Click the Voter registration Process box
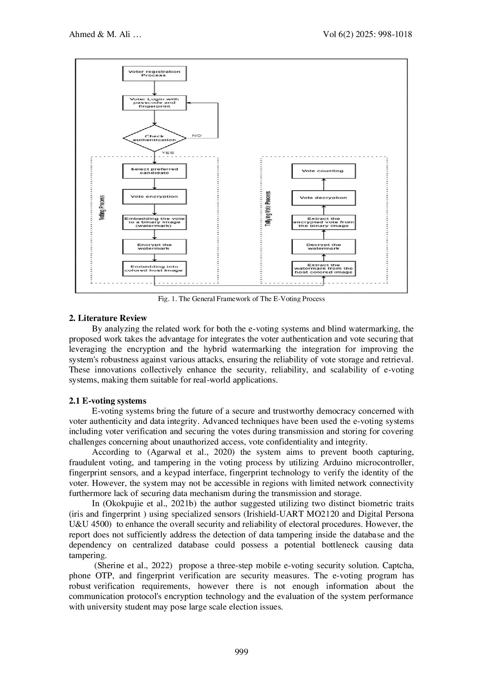point(154,73)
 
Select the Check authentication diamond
point(154,138)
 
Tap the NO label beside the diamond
point(197,136)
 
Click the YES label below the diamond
point(167,152)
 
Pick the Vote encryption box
point(154,197)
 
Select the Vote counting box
point(323,171)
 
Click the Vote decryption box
point(323,198)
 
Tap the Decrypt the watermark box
point(323,246)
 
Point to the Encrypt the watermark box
point(154,246)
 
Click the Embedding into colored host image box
point(154,268)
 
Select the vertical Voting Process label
point(102,207)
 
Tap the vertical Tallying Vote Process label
point(268,209)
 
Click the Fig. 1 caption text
point(241,299)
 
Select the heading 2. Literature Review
point(108,318)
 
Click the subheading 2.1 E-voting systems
point(108,401)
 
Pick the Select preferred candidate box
point(154,171)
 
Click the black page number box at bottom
point(241,650)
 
